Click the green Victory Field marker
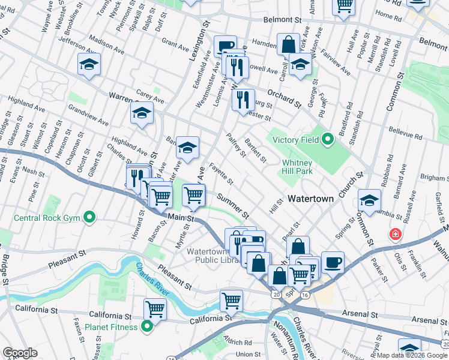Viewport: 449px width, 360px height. [x=327, y=140]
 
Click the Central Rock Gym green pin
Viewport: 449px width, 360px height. [x=89, y=217]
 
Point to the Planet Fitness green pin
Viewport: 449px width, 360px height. [x=147, y=327]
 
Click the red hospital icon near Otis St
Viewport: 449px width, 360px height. [x=395, y=234]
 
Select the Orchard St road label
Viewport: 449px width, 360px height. [x=284, y=98]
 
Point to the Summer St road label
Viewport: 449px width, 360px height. [x=233, y=205]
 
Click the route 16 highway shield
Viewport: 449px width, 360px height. [x=305, y=295]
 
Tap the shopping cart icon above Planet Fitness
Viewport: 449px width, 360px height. [x=155, y=308]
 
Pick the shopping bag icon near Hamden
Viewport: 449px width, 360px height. [x=288, y=44]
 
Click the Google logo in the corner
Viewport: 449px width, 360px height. [x=19, y=353]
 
